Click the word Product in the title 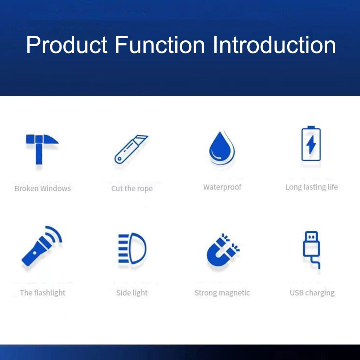click(67, 45)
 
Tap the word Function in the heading click(159, 45)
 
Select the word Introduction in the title click(274, 45)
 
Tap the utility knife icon click(131, 149)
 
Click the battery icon click(311, 143)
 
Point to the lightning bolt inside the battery click(311, 144)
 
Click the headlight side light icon click(132, 248)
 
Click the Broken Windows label click(43, 188)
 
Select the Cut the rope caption click(132, 189)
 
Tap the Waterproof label click(222, 187)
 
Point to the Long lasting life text click(312, 187)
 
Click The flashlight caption click(43, 293)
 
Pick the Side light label click(132, 293)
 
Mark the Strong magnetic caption click(222, 293)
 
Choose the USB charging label click(312, 293)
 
